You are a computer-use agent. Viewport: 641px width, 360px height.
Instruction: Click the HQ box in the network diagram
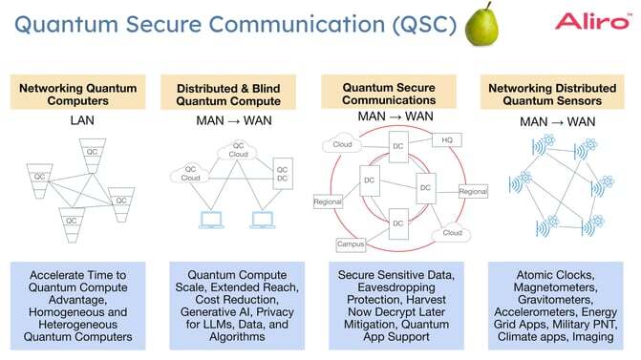click(x=447, y=139)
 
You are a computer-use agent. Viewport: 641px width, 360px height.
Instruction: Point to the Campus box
click(x=352, y=244)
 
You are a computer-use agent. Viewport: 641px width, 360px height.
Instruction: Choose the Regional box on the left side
click(x=328, y=201)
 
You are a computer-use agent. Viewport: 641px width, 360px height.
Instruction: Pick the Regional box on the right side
click(x=472, y=192)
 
